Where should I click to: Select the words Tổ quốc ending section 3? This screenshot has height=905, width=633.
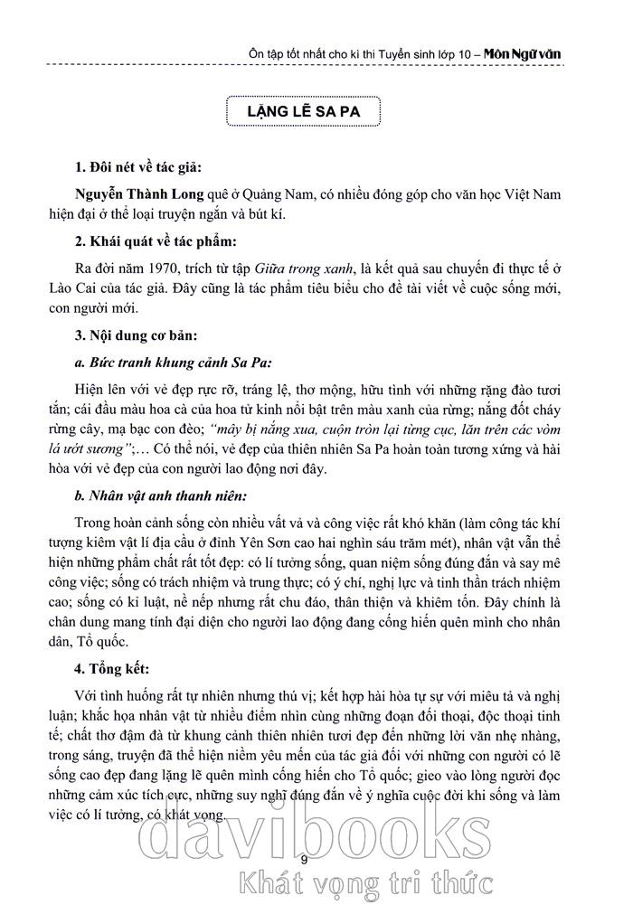(101, 640)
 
